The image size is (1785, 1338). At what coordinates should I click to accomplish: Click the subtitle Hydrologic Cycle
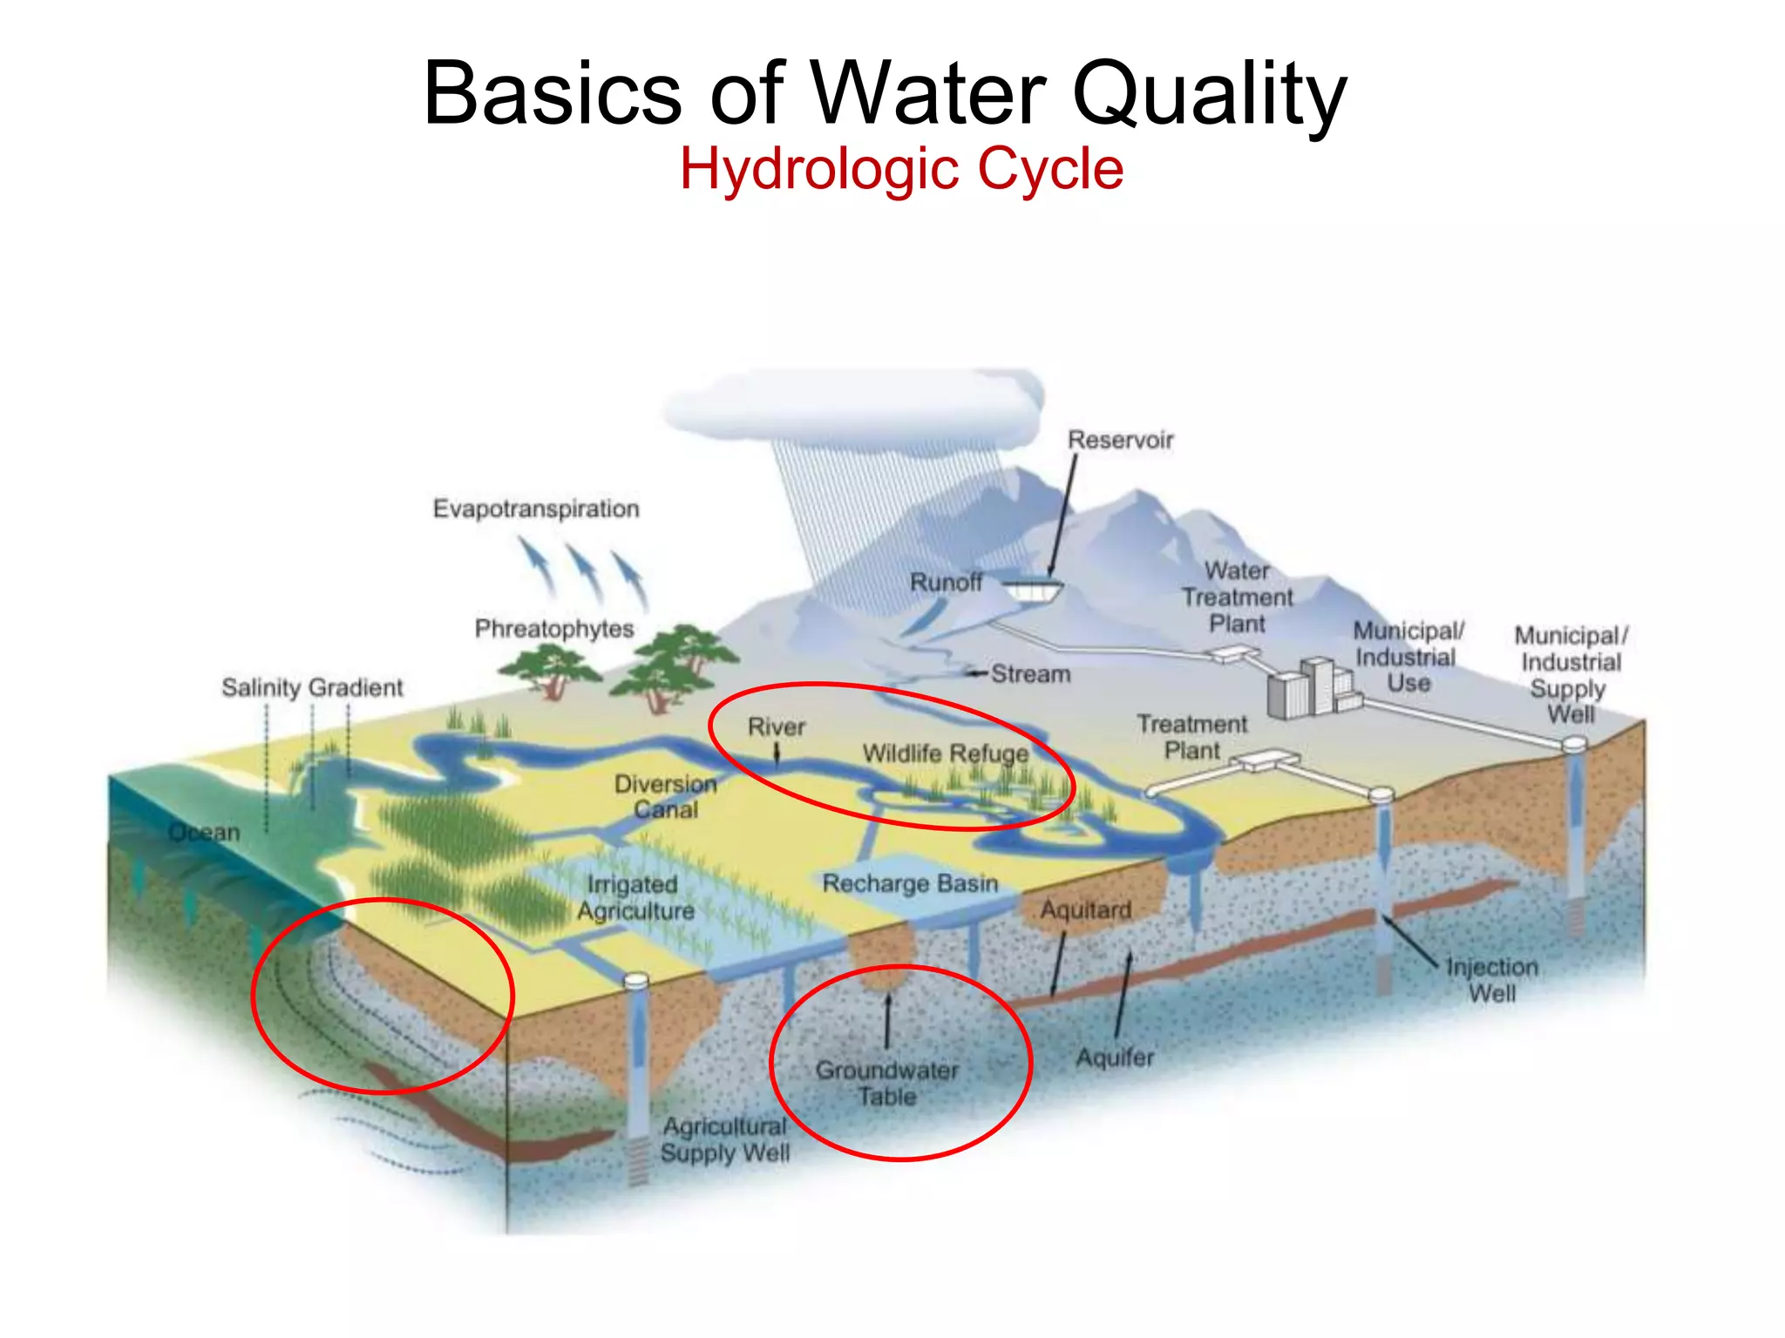click(901, 169)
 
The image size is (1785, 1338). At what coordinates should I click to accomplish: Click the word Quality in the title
click(1210, 94)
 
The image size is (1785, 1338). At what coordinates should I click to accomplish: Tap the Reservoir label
click(1121, 440)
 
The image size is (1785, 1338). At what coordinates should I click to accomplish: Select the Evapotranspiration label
click(536, 509)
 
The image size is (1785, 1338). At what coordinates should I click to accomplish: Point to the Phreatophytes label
click(554, 629)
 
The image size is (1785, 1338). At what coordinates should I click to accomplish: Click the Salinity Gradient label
click(312, 688)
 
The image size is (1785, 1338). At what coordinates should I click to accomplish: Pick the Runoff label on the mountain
click(946, 582)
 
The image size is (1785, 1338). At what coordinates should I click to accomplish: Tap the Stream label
click(1031, 674)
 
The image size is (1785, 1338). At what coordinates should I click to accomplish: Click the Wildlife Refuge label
click(946, 753)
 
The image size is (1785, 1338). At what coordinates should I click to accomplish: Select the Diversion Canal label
click(666, 797)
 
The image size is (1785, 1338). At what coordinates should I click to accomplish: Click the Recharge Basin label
click(910, 883)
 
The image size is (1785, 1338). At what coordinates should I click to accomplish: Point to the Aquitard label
click(1086, 910)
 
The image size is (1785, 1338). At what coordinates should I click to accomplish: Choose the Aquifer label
click(1115, 1058)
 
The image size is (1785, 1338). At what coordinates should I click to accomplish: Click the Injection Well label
click(1492, 980)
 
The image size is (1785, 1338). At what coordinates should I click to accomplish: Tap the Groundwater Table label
click(887, 1083)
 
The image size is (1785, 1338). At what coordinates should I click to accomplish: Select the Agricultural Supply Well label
click(724, 1139)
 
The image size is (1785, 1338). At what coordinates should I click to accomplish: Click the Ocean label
click(204, 833)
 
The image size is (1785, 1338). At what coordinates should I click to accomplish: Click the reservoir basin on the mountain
click(1033, 591)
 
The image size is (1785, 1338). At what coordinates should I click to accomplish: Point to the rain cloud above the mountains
click(854, 405)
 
